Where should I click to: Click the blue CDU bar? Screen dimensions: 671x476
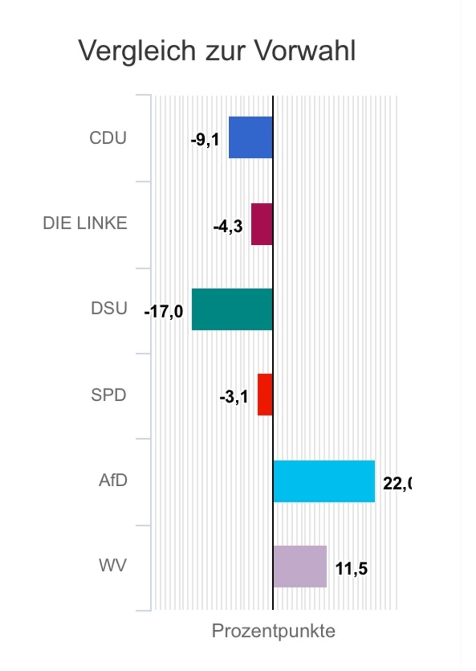251,137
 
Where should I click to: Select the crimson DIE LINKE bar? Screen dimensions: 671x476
262,224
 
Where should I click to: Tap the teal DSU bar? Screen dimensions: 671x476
232,309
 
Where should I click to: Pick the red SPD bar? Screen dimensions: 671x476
265,395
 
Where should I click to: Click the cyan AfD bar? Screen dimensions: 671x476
324,481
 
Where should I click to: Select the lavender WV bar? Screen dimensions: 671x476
300,566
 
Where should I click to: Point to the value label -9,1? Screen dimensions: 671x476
205,139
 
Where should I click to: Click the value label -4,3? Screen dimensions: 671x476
228,227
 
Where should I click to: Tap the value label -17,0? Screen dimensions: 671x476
164,311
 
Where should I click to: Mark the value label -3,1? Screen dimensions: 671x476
234,397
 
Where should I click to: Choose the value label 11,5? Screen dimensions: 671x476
351,569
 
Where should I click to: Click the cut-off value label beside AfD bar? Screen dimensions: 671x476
397,484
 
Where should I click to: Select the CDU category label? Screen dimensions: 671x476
108,138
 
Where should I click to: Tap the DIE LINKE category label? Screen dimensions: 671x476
85,223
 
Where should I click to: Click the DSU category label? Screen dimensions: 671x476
109,309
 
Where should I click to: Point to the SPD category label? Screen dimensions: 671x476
108,395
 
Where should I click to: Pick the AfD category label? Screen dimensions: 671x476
113,480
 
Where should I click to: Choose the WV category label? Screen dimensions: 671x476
112,566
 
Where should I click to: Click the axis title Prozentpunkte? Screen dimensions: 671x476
273,631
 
